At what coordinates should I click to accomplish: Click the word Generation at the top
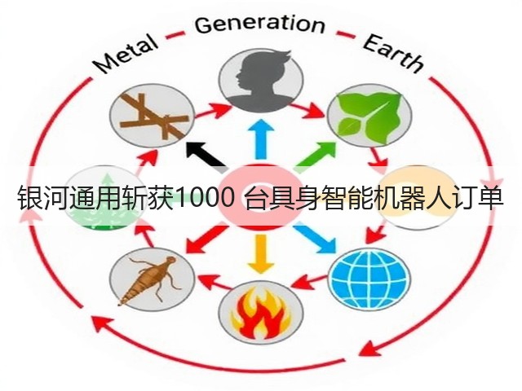pos(259,24)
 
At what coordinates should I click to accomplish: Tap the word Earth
pos(393,53)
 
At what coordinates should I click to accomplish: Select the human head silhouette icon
pos(261,79)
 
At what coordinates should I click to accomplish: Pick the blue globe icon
pos(369,280)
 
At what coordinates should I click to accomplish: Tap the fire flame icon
pos(261,312)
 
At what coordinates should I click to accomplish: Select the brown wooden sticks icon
pos(153,116)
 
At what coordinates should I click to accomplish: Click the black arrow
pos(206,156)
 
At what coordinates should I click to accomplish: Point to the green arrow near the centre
pos(316,156)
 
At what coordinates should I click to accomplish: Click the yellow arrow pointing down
pos(261,253)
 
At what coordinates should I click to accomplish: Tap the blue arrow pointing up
pos(261,139)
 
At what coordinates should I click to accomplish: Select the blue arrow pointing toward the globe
pos(316,238)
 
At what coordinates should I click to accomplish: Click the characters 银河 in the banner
pos(42,199)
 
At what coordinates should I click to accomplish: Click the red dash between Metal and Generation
pos(175,34)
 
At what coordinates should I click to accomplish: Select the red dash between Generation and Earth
pos(345,34)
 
